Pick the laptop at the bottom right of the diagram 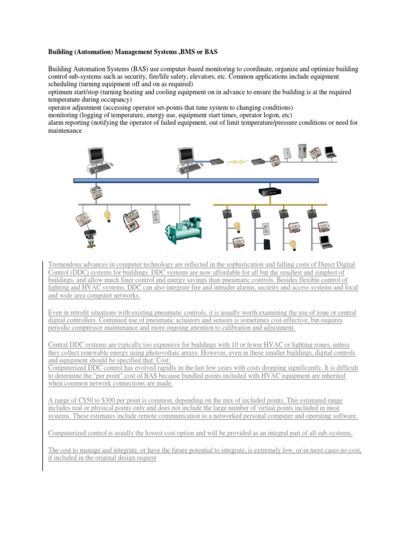325,241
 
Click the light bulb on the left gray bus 107,216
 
